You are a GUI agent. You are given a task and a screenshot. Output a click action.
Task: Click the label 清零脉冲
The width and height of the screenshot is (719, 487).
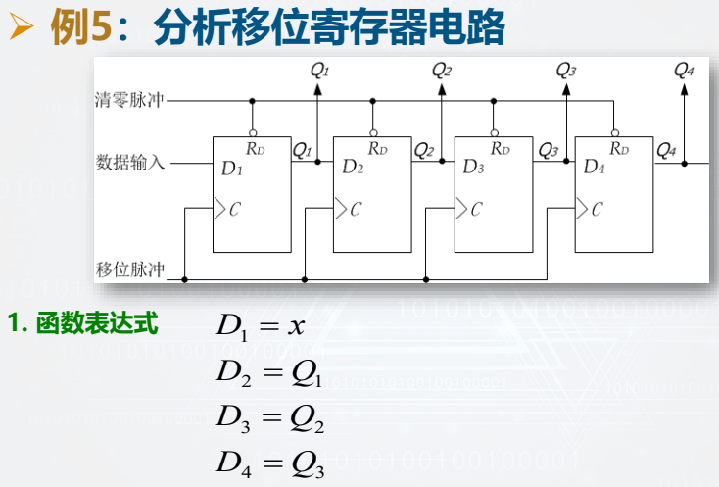tap(131, 101)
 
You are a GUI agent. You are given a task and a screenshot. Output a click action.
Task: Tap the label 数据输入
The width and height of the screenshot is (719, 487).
tap(131, 162)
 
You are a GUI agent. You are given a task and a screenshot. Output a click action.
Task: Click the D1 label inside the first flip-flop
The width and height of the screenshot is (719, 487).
tap(231, 169)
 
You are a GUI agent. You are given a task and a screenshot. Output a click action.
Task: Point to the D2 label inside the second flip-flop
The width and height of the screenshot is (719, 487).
tap(353, 168)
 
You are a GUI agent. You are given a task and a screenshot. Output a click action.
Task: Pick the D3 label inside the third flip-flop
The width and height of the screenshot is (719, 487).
tap(474, 168)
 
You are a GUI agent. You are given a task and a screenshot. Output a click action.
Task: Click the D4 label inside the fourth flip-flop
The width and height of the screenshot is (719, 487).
tap(595, 168)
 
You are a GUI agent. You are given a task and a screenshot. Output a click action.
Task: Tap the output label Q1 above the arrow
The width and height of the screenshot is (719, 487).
tap(319, 71)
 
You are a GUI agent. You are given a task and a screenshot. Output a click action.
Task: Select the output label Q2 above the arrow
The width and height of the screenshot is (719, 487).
tap(442, 71)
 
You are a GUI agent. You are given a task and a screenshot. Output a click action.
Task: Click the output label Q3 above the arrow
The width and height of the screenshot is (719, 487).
tap(566, 71)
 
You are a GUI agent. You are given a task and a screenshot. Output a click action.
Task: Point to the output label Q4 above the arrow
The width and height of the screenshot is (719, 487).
tap(684, 71)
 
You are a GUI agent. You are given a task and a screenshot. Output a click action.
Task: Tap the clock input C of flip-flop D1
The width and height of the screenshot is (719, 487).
tap(234, 209)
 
